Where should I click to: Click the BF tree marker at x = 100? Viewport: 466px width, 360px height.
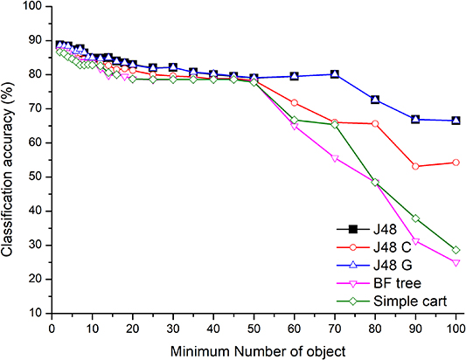(456, 262)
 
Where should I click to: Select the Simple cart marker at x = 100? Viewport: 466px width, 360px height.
(456, 250)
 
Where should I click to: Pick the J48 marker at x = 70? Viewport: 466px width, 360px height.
(335, 74)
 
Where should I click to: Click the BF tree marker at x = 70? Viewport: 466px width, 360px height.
(335, 158)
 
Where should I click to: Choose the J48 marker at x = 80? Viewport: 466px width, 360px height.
(375, 100)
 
